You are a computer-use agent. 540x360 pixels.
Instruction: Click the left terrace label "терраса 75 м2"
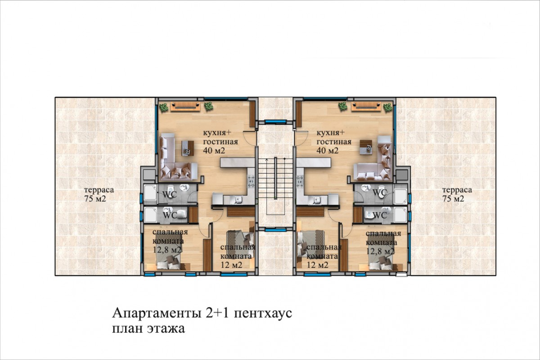coord(99,194)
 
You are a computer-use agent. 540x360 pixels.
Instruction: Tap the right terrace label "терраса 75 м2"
coord(457,194)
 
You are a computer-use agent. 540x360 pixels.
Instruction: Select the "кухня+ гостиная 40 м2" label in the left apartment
coord(220,142)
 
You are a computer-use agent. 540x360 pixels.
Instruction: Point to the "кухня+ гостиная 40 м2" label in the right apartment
coord(333,142)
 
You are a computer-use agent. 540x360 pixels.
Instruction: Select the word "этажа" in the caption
coord(166,328)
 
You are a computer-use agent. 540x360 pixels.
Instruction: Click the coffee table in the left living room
coord(188,148)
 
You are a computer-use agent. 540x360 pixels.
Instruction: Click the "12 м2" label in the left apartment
coord(231,265)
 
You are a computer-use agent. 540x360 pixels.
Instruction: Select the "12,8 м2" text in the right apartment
coord(380,252)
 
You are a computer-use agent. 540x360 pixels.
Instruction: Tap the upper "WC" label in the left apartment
coord(170,194)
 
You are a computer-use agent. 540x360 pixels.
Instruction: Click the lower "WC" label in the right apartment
coord(380,215)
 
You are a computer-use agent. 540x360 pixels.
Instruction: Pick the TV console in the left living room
coord(185,107)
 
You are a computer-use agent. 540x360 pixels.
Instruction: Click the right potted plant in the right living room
coord(388,107)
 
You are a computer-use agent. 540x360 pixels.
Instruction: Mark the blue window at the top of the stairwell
coord(275,121)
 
